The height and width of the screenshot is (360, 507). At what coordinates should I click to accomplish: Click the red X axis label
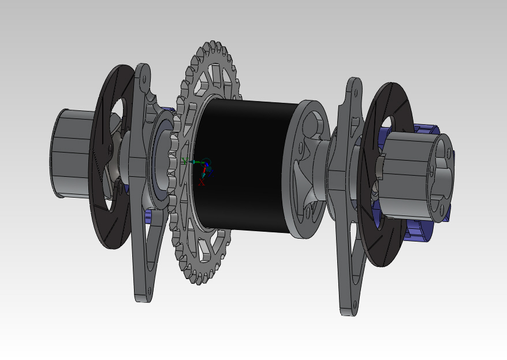(202, 183)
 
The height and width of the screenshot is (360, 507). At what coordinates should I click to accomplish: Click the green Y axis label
(184, 162)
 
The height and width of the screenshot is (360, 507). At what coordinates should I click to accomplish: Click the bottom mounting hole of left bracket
(142, 294)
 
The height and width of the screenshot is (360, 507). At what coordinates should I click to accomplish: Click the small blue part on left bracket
(148, 216)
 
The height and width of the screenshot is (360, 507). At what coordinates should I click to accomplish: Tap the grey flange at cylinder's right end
(306, 168)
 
